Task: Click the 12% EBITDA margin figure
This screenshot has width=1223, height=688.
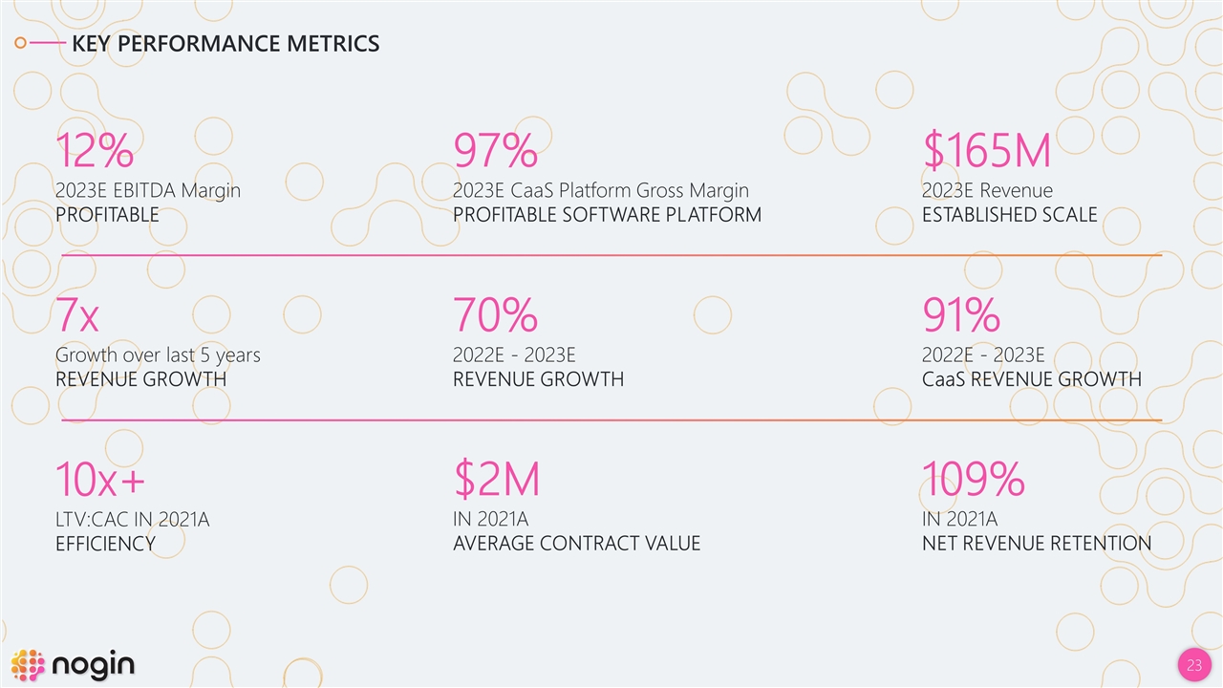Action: tap(94, 151)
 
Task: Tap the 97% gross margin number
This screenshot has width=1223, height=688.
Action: tap(495, 151)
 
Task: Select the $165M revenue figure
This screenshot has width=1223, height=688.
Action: tap(986, 151)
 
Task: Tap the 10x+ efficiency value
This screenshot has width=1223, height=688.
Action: tap(100, 480)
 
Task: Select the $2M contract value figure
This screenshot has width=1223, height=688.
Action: tap(496, 480)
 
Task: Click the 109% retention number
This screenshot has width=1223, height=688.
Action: tap(973, 480)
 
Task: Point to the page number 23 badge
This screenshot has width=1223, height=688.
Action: tap(1193, 665)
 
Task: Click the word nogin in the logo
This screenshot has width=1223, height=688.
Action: tap(94, 664)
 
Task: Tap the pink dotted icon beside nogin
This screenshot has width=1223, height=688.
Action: tap(28, 665)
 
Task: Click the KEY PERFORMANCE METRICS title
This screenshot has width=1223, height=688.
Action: tap(225, 44)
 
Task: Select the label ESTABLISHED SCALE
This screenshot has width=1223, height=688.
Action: tap(1009, 215)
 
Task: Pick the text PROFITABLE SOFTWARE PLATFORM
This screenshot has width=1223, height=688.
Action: tap(607, 215)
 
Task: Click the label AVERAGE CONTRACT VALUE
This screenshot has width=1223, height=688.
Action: tap(576, 544)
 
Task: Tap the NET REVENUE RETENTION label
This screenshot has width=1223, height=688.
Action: tap(1036, 544)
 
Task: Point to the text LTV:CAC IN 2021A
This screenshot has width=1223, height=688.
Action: tap(132, 520)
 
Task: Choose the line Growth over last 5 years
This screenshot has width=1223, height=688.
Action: tap(158, 355)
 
